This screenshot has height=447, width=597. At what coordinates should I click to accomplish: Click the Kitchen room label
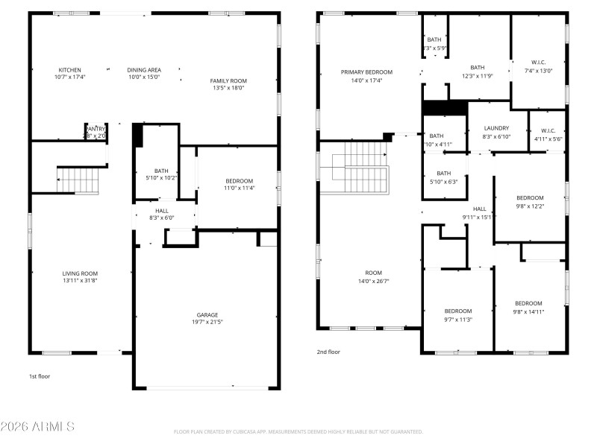click(x=70, y=69)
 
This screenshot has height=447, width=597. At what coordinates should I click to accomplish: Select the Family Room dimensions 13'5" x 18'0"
click(x=228, y=88)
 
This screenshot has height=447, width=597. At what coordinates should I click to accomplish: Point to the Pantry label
click(x=96, y=129)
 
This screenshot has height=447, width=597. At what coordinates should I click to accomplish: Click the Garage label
click(x=207, y=315)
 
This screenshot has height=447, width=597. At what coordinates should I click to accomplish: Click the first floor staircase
click(x=78, y=180)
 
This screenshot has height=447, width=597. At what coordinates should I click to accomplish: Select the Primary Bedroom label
click(x=366, y=72)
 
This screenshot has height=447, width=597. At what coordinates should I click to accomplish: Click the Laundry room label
click(x=496, y=128)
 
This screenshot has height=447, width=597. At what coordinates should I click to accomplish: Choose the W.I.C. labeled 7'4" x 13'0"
click(x=538, y=62)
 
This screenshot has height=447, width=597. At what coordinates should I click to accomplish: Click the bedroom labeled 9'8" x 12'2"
click(x=530, y=197)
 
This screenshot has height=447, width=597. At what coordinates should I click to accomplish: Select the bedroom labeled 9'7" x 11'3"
click(x=458, y=311)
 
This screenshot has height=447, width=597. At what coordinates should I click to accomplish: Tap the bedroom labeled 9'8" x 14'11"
click(x=528, y=303)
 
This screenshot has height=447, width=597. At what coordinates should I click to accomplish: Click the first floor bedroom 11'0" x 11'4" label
click(x=239, y=180)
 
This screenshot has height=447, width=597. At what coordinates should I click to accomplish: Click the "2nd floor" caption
click(x=328, y=352)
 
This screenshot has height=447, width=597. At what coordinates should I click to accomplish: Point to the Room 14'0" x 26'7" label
click(x=373, y=273)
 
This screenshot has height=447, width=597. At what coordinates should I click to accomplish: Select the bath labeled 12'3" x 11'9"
click(x=477, y=67)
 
